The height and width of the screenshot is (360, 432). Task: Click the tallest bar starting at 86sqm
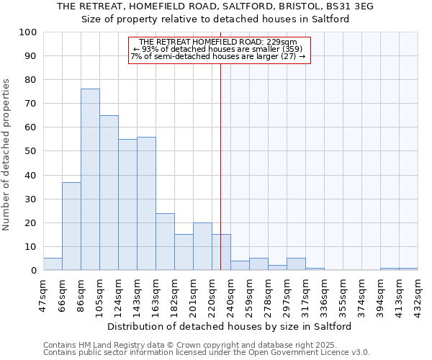pyautogui.click(x=90, y=179)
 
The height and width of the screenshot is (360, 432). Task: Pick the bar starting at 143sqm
pyautogui.click(x=146, y=203)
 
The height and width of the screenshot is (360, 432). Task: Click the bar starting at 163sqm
pyautogui.click(x=165, y=241)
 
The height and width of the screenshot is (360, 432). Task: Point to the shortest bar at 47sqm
pyautogui.click(x=53, y=264)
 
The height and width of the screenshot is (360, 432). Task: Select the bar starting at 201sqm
pyautogui.click(x=202, y=246)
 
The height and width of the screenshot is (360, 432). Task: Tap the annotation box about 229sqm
pyautogui.click(x=219, y=50)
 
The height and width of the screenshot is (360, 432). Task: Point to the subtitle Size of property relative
pyautogui.click(x=215, y=19)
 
